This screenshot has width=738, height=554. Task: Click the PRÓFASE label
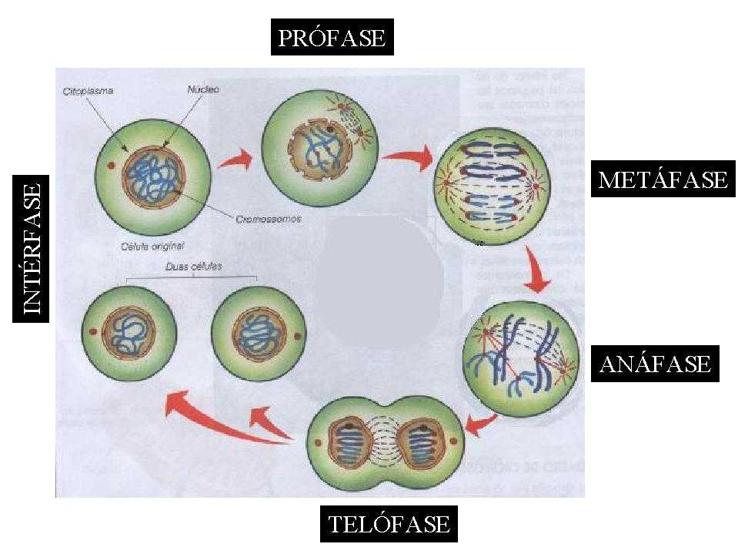coord(332,38)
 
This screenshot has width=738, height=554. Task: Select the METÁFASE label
coord(663,180)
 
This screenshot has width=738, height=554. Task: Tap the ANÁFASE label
coord(655,363)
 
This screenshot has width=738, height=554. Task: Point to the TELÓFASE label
coord(389,525)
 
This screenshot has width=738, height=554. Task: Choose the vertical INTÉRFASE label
coord(32,248)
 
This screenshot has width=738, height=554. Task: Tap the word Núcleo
coord(203,89)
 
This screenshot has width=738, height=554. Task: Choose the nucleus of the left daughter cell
coord(129,332)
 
